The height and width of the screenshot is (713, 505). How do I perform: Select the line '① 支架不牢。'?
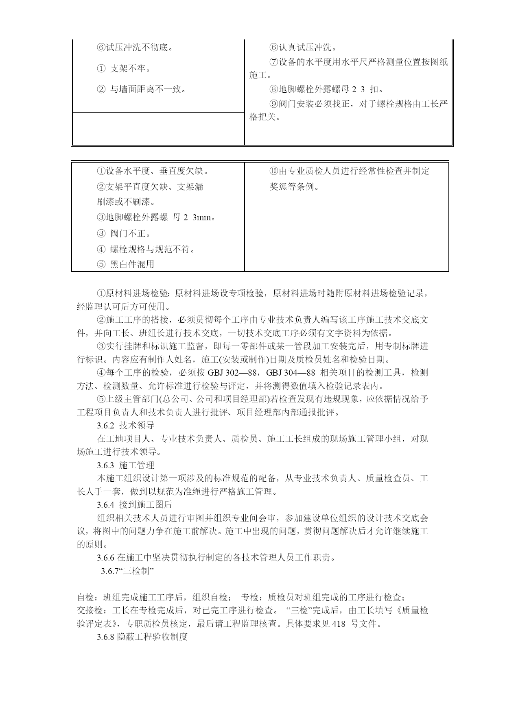(124, 69)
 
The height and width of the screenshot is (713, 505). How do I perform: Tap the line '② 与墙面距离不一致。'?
(142, 89)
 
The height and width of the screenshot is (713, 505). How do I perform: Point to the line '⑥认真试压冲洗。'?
(303, 48)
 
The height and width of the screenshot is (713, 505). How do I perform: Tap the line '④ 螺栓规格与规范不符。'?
(146, 250)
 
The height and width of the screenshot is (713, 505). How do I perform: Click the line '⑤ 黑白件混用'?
(126, 265)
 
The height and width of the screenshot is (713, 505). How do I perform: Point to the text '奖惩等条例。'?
(295, 187)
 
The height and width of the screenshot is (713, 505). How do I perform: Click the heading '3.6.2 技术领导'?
(126, 426)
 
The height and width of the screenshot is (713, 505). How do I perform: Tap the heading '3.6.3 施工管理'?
(126, 465)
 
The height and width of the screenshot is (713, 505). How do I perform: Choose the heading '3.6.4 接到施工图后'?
(135, 504)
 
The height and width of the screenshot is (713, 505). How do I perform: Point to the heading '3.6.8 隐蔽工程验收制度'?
(142, 637)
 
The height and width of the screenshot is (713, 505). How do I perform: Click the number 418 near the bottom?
(339, 624)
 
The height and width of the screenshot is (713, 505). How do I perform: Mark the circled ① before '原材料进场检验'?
(101, 293)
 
